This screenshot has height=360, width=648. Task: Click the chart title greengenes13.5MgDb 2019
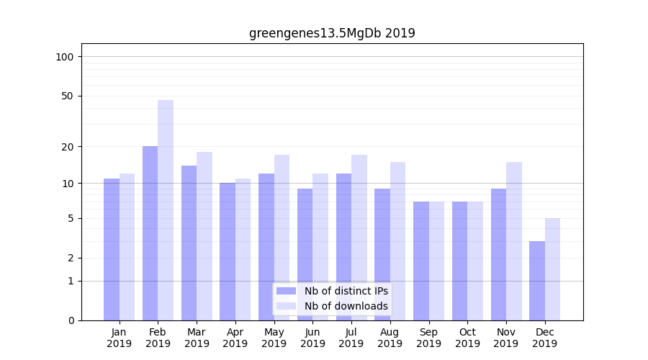click(x=332, y=33)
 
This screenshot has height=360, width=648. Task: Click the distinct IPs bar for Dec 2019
click(x=537, y=281)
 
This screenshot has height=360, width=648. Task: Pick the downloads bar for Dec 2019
click(x=552, y=269)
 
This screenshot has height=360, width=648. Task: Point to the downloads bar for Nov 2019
click(x=514, y=241)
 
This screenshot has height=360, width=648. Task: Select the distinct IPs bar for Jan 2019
click(x=112, y=249)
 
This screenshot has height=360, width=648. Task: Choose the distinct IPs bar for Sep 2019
click(x=421, y=261)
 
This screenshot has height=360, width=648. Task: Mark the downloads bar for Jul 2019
click(x=359, y=238)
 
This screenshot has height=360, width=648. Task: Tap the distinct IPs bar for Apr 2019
click(x=228, y=251)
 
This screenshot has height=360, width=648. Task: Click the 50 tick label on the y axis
click(x=68, y=96)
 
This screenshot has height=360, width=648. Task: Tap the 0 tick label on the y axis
click(x=71, y=320)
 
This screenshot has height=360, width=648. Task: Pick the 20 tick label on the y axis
click(x=68, y=147)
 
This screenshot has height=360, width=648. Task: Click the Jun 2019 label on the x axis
click(x=312, y=338)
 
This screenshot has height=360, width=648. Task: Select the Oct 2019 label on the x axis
click(x=467, y=338)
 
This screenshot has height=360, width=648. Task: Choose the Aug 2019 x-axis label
click(x=390, y=338)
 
